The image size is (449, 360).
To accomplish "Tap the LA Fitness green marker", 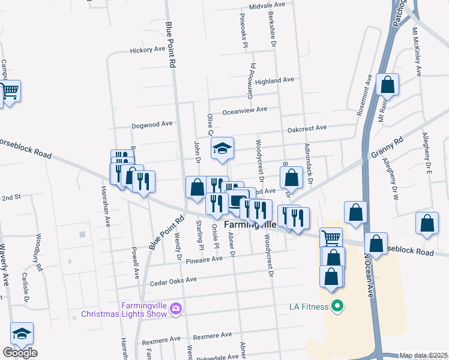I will tap(337, 307).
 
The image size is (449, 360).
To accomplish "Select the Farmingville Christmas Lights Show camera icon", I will tap(176, 309).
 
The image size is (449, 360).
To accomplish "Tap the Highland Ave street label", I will tap(274, 80).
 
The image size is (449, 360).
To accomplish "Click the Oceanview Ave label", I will tap(245, 110).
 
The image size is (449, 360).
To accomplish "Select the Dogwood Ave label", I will tap(152, 124).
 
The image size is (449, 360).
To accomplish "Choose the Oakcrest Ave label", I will tap(307, 128).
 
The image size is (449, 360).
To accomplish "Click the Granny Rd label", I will tap(387, 148).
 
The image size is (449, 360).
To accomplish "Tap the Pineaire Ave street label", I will tap(205, 259).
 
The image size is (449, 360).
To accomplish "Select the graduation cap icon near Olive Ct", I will tap(222, 148).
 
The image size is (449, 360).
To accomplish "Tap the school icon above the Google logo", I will tap(22, 334).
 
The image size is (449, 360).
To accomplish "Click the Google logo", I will tap(20, 353).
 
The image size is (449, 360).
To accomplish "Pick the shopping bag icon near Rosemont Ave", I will tap(388, 85).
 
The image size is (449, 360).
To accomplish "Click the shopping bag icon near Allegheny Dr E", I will tap(427, 223).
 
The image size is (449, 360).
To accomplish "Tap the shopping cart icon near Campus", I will tap(10, 91).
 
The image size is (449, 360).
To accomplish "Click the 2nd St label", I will tap(11, 197).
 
